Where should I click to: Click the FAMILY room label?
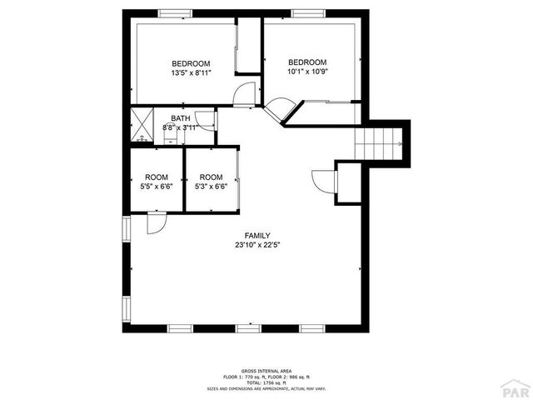click(x=257, y=235)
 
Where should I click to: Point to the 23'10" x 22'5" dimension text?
click(x=257, y=245)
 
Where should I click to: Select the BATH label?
click(x=180, y=118)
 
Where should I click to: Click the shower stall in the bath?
click(x=142, y=127)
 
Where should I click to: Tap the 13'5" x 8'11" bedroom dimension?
click(x=191, y=73)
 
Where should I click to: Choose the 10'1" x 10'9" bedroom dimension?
click(x=307, y=72)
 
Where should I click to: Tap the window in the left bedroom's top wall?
click(x=174, y=12)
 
